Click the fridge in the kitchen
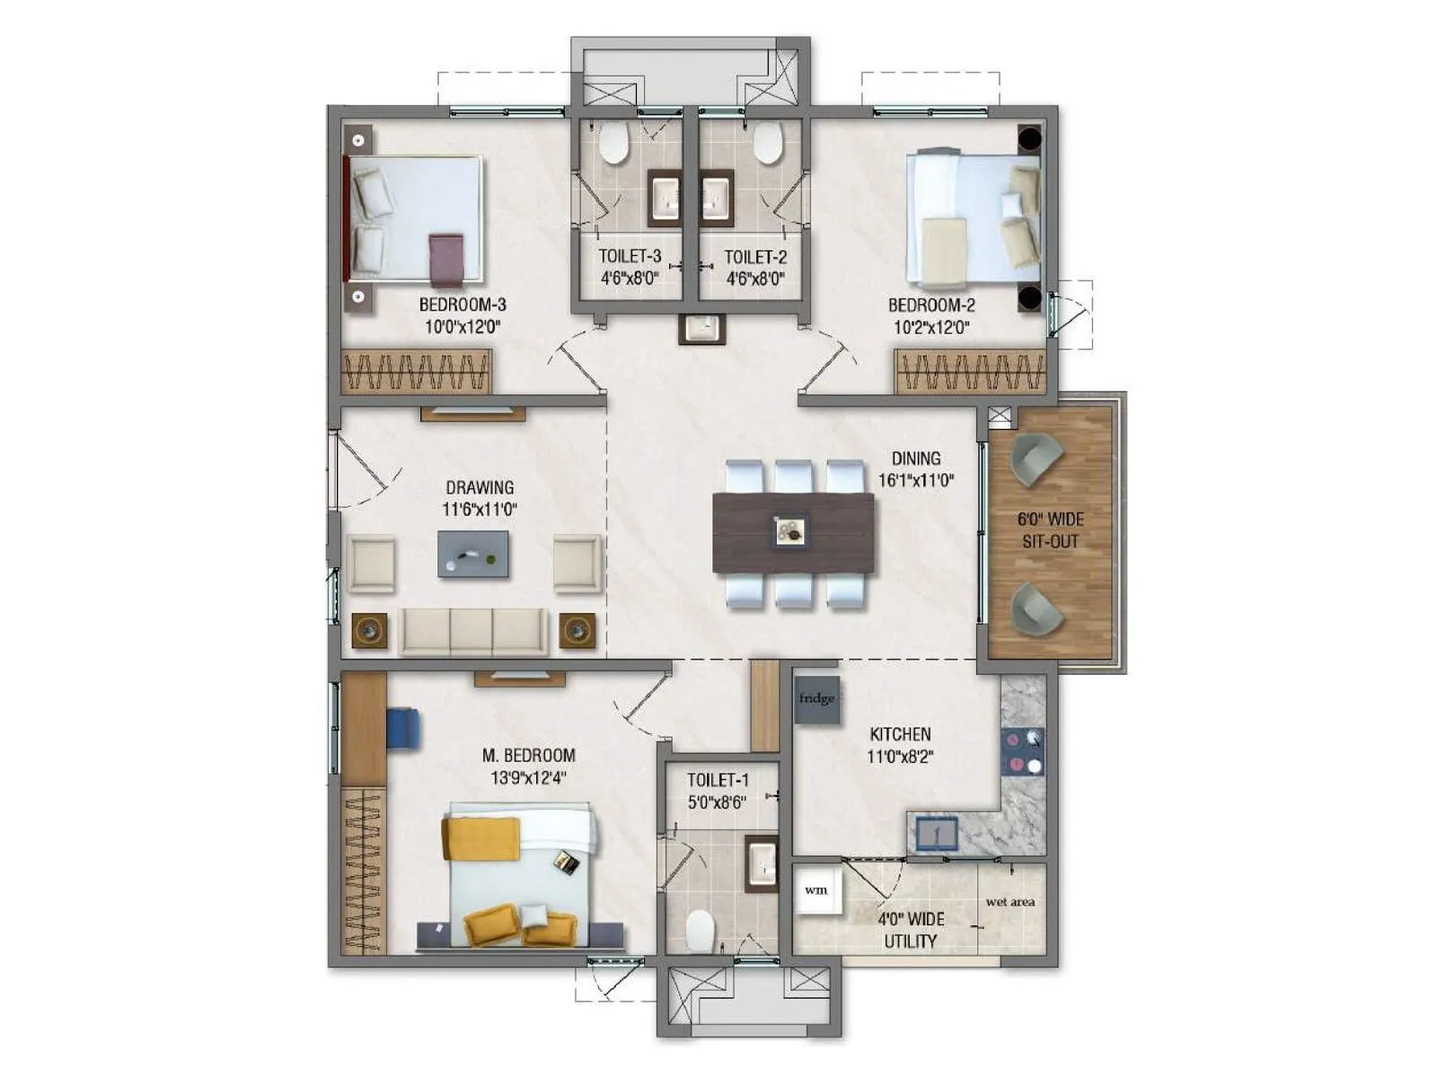click(x=816, y=699)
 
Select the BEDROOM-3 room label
click(x=463, y=305)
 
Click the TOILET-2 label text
click(x=755, y=257)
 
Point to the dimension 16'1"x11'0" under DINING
click(x=915, y=480)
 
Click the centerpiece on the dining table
click(x=792, y=530)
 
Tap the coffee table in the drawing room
click(x=473, y=554)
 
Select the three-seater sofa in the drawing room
click(x=473, y=631)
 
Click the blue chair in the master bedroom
click(x=403, y=728)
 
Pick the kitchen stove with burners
click(x=1023, y=752)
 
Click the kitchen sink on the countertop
click(x=934, y=835)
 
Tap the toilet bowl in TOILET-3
click(x=613, y=143)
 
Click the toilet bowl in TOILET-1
click(x=700, y=931)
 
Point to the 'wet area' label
click(x=1009, y=902)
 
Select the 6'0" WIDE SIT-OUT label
click(x=1050, y=530)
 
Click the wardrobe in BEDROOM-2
click(x=971, y=372)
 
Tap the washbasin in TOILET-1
click(x=762, y=862)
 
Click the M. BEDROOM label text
click(x=528, y=756)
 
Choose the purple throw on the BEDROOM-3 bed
click(x=445, y=258)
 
